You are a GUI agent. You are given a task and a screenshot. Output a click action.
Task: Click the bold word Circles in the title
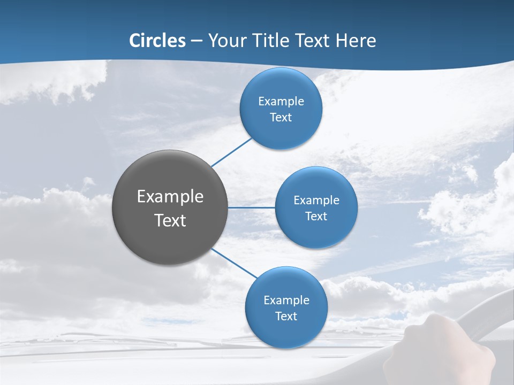[157, 41]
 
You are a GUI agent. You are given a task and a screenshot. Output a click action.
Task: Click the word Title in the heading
[272, 41]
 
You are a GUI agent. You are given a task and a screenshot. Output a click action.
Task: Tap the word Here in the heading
[356, 41]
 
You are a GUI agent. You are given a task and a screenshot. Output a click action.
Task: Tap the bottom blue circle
[286, 334]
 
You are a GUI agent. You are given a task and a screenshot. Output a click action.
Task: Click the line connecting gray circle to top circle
[231, 152]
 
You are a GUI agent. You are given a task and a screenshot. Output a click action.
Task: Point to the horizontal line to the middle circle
[251, 207]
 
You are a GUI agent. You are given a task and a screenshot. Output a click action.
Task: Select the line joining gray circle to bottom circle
[234, 263]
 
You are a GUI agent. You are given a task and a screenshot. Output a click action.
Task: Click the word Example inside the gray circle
[170, 197]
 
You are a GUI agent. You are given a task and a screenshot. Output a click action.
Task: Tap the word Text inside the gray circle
[170, 220]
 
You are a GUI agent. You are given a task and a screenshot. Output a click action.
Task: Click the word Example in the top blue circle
[281, 102]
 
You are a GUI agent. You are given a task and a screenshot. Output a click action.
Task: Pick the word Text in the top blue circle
[281, 118]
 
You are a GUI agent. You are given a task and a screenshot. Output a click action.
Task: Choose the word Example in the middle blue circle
[316, 201]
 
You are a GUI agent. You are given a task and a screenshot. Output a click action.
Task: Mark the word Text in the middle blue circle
[316, 217]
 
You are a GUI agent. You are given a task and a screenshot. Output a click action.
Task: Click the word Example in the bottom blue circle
[286, 301]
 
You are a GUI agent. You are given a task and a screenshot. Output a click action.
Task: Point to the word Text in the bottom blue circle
[286, 317]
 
